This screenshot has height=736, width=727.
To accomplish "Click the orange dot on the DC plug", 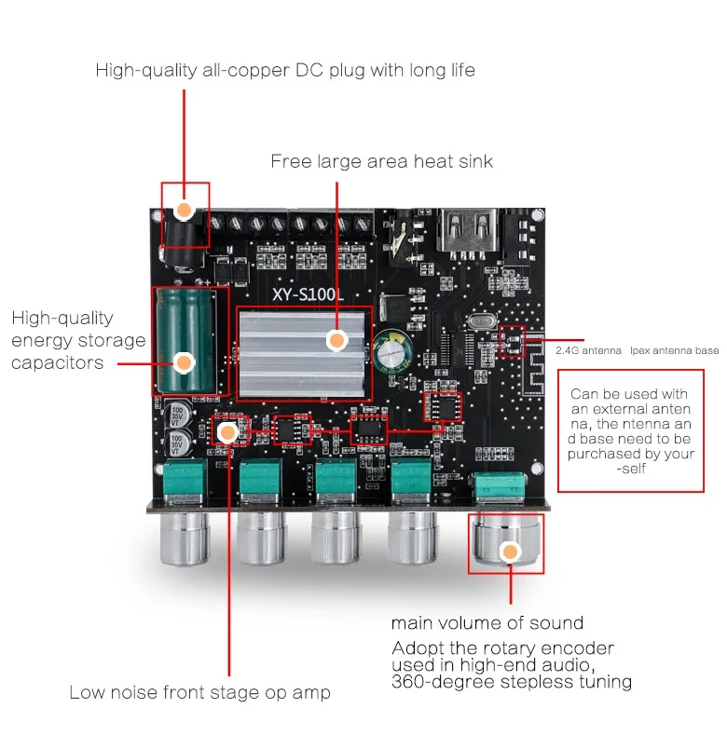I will click(x=185, y=210).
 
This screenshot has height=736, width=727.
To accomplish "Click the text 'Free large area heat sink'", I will click(x=381, y=161).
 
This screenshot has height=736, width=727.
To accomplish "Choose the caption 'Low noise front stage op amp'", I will click(x=199, y=692).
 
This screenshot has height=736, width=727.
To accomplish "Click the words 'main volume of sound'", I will click(x=487, y=622).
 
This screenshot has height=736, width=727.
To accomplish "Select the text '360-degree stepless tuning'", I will click(x=512, y=682).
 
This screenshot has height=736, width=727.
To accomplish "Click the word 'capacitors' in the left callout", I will click(x=58, y=362).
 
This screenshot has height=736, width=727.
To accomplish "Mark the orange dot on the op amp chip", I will click(x=226, y=430).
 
